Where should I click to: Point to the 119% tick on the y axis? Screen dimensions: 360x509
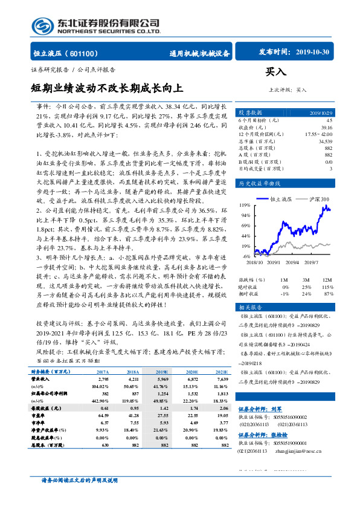[x=245, y=205]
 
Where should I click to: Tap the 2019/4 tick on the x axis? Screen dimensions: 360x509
[x=294, y=262]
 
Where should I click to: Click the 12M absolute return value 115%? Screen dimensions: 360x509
[x=327, y=287]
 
